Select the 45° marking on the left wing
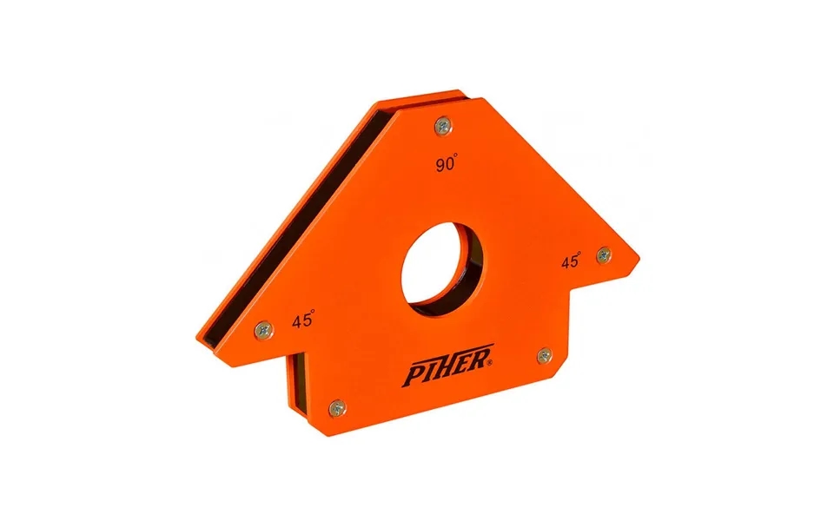[303, 320]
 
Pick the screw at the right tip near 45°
[604, 255]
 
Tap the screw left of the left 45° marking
[263, 328]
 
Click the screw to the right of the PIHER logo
[545, 354]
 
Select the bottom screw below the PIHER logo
[337, 406]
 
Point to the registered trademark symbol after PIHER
[492, 366]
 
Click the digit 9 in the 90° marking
[441, 165]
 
